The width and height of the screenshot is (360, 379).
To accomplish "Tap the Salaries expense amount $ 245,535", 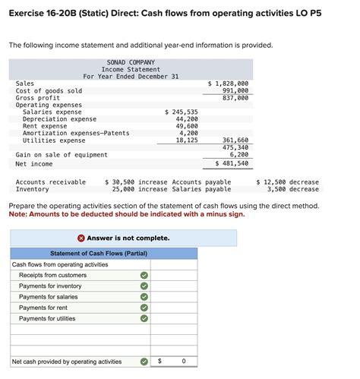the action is (182, 112).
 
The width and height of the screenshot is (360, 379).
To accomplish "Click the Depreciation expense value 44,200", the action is (187, 118).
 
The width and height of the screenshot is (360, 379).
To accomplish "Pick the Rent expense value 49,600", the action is (187, 126).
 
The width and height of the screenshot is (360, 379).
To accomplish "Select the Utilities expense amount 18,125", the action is (187, 141).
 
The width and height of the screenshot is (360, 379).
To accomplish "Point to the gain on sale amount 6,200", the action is (238, 154).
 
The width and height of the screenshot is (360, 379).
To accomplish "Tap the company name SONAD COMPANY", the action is (131, 62).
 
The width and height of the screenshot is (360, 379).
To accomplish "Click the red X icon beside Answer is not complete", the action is (81, 238).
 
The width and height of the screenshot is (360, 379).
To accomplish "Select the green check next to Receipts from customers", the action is (144, 275).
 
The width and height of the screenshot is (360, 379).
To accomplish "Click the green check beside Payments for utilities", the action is (144, 319).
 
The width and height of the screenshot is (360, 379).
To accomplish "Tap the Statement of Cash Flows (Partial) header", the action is (98, 253).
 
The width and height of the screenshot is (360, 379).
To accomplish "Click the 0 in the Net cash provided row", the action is (184, 362).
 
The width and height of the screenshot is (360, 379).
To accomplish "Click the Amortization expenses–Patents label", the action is (76, 133).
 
